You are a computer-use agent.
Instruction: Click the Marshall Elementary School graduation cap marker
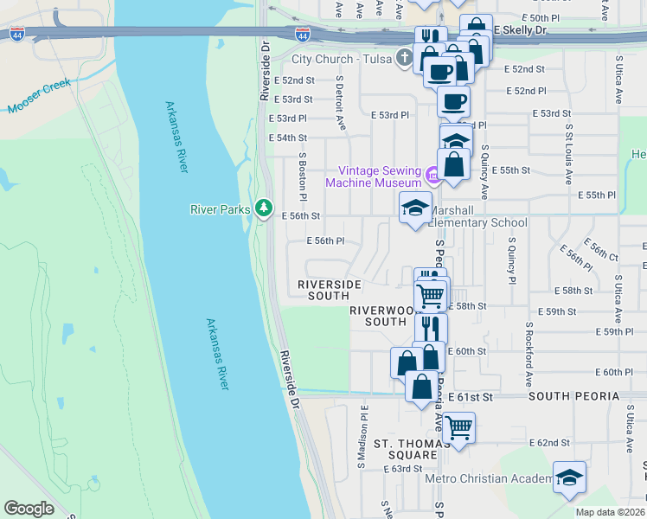coord(415,207)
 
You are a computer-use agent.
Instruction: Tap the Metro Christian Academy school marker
coord(568,478)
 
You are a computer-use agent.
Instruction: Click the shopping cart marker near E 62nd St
coord(458,426)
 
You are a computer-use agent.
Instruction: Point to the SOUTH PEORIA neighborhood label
coord(573,396)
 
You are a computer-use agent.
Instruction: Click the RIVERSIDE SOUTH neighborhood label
coord(335,290)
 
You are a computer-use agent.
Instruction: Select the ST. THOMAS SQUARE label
coord(405,449)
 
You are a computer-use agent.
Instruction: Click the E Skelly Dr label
coord(521,30)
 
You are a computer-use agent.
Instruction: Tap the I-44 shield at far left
coord(16,34)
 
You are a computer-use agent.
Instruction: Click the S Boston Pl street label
coord(303,174)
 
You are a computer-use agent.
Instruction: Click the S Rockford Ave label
coord(527,356)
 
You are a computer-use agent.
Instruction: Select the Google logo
coord(29,508)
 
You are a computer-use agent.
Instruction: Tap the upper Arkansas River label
coord(176,137)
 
